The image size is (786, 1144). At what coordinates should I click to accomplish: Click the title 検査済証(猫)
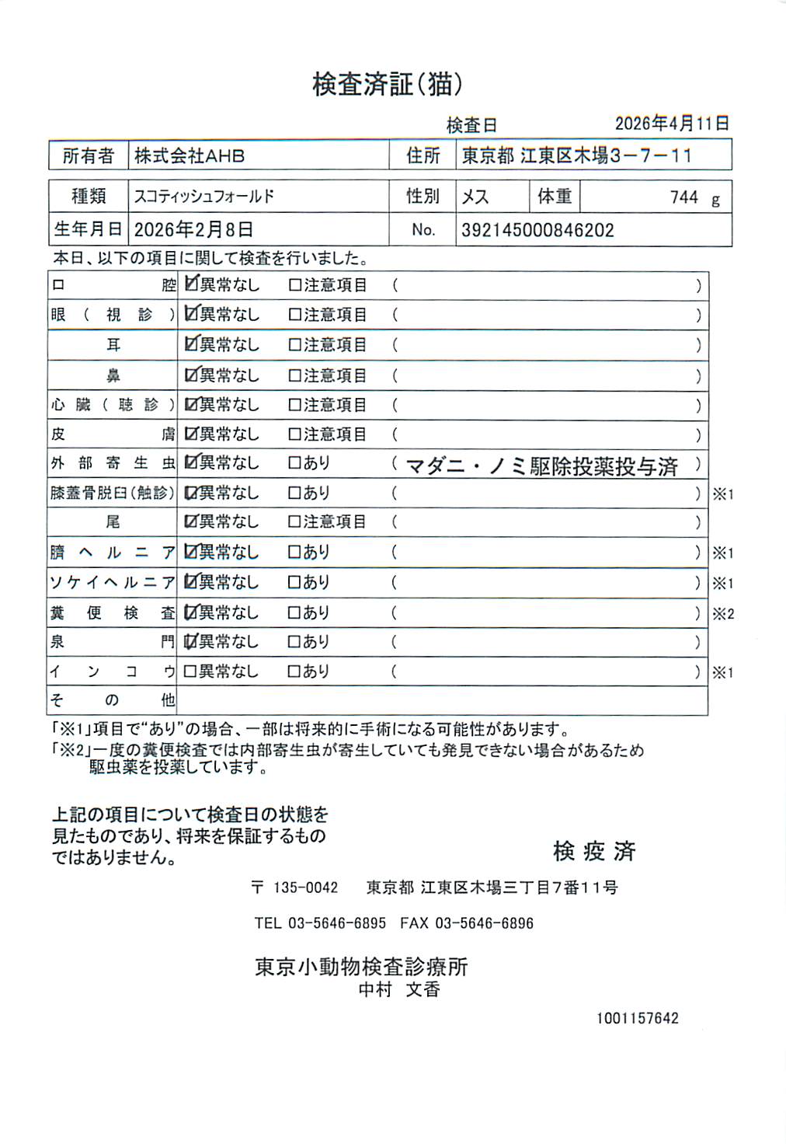[x=388, y=84]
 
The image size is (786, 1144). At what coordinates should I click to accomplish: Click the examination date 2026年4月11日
[x=672, y=124]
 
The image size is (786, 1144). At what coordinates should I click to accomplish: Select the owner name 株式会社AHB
[x=190, y=155]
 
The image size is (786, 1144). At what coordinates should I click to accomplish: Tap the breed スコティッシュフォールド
[x=204, y=197]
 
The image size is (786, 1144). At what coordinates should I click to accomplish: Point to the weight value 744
[x=684, y=197]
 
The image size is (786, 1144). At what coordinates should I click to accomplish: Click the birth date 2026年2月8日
[x=193, y=230]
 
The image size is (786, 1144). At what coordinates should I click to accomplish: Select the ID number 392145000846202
[x=537, y=230]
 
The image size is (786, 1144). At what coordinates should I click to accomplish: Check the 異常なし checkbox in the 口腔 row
[x=191, y=284]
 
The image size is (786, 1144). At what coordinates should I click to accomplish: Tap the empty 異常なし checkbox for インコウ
[x=190, y=671]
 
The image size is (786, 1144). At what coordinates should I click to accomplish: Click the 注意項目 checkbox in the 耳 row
[x=295, y=344]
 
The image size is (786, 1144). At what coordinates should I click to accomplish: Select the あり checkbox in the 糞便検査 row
[x=295, y=613]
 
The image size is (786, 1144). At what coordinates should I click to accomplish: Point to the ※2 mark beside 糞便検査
[x=723, y=614]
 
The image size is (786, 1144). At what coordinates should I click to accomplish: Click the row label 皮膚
[x=113, y=434]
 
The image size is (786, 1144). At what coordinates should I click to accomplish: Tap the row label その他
[x=113, y=700]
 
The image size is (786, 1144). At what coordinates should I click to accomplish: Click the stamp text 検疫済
[x=594, y=851]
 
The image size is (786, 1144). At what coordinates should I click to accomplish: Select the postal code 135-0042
[x=306, y=888]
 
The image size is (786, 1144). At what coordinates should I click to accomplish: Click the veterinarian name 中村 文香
[x=399, y=989]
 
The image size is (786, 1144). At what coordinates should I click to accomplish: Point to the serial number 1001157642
[x=638, y=1018]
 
